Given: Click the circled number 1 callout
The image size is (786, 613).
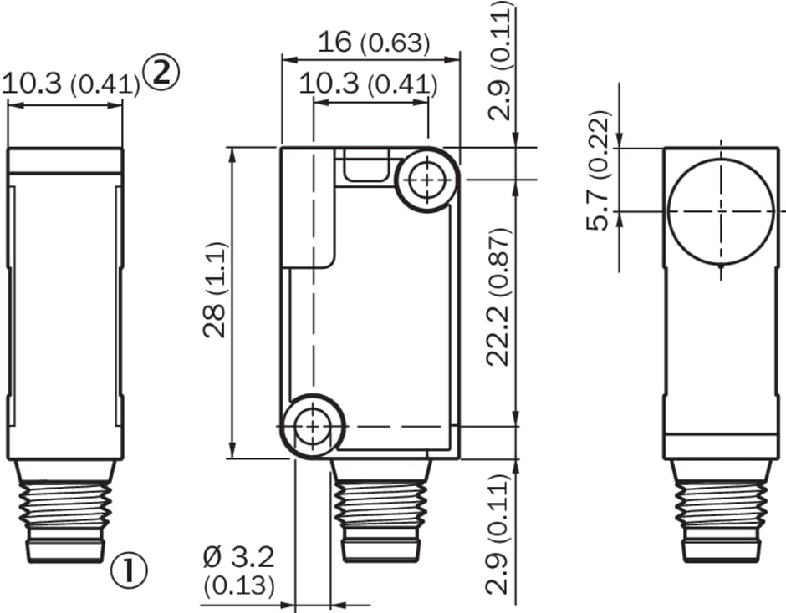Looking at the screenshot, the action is [129, 570].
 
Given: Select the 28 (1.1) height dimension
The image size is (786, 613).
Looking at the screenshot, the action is [216, 290].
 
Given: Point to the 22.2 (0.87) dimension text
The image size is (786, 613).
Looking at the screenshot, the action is [498, 297].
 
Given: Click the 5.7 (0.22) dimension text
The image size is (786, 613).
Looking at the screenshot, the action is [599, 170].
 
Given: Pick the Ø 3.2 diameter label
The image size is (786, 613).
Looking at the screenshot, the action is [239, 557].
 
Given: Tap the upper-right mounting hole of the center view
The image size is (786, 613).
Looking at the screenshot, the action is [426, 180].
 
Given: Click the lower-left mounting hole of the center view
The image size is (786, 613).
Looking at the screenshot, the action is [312, 427].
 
